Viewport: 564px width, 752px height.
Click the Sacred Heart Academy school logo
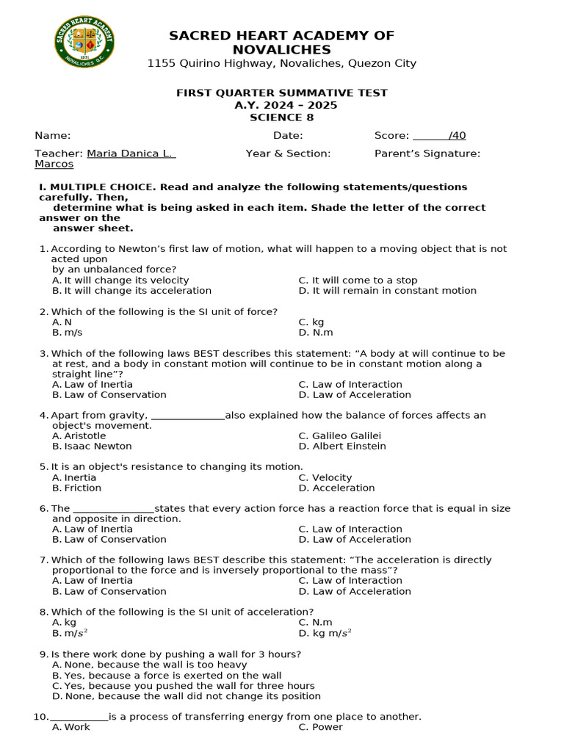(x=84, y=43)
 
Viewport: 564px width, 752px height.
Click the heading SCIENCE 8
(x=281, y=117)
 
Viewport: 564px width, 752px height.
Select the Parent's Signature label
(x=427, y=153)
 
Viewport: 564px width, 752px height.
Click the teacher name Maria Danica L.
(x=131, y=153)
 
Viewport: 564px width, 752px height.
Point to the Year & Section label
(x=288, y=153)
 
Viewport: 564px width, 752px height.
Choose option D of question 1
(x=387, y=290)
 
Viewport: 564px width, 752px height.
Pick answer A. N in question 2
(x=62, y=322)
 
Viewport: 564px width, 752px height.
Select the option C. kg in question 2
(x=311, y=322)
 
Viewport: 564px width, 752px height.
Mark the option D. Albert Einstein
(x=342, y=446)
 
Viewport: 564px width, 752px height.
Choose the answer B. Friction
(x=77, y=488)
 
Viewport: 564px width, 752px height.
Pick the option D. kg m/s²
(x=325, y=632)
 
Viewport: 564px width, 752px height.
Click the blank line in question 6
(x=114, y=509)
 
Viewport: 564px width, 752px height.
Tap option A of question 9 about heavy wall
(x=149, y=665)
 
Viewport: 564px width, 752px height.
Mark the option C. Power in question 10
(x=321, y=727)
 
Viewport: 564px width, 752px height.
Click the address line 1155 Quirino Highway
(x=281, y=63)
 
